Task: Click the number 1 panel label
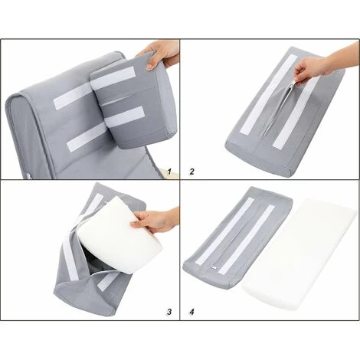click(169, 172)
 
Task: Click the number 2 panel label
click(191, 172)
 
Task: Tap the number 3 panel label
click(169, 312)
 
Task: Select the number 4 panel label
click(191, 312)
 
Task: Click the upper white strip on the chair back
click(72, 97)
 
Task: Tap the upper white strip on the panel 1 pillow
click(113, 78)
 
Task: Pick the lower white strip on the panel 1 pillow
click(125, 116)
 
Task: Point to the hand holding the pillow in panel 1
click(159, 54)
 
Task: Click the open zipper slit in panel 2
click(280, 107)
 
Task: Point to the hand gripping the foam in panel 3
click(155, 220)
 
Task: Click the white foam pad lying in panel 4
click(299, 254)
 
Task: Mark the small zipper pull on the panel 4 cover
click(214, 267)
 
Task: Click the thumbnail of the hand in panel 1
click(150, 67)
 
